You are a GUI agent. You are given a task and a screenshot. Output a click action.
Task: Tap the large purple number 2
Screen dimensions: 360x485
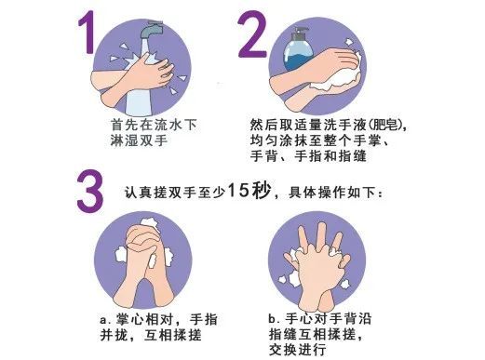(252, 41)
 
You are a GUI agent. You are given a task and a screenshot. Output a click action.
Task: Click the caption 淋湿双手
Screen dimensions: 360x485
(140, 142)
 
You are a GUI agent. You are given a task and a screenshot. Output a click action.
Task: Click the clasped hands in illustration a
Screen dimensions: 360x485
(148, 256)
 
